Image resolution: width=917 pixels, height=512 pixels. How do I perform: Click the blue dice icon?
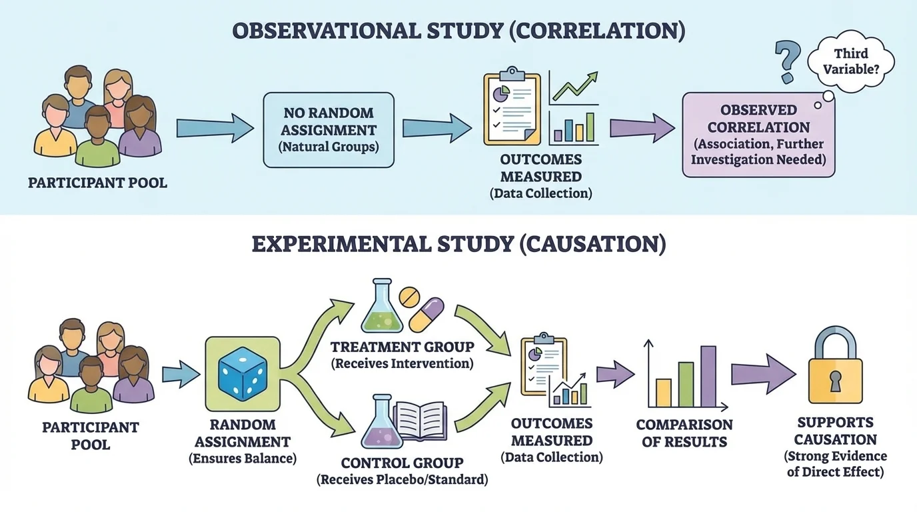pos(243,374)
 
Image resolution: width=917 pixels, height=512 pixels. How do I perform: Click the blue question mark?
pos(787,61)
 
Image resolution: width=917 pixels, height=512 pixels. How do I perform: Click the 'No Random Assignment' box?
pos(329,129)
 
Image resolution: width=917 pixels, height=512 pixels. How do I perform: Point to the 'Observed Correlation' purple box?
pos(758,135)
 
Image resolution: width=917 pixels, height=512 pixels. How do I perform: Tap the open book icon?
pos(419,420)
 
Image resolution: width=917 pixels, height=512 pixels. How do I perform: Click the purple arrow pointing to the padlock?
pos(763,374)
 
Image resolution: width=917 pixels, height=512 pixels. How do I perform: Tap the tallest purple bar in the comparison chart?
pos(708,377)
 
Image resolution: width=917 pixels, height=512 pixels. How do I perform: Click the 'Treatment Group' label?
pos(403,347)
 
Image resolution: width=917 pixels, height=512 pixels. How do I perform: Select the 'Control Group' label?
pos(402,463)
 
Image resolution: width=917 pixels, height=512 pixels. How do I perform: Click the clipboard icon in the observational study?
pos(512,107)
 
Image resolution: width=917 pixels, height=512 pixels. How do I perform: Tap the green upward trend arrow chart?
pos(573,87)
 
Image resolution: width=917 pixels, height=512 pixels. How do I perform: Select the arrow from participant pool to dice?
pos(181,374)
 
